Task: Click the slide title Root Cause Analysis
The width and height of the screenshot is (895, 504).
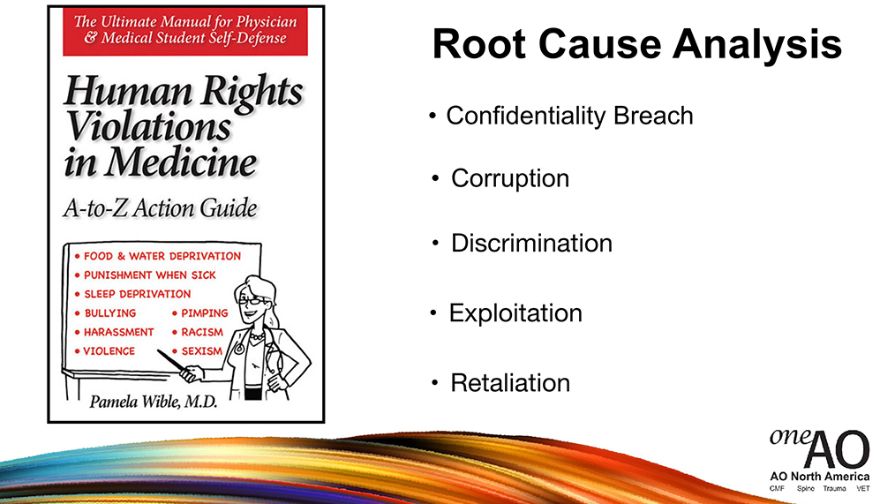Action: (x=637, y=44)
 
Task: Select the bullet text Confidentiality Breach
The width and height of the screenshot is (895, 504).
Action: (x=569, y=116)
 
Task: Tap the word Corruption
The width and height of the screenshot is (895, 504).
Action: (x=510, y=178)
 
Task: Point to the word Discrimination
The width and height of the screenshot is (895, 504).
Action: (x=531, y=243)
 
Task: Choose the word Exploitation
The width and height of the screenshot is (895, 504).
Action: (x=515, y=313)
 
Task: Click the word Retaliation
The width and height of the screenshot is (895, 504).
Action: (x=510, y=383)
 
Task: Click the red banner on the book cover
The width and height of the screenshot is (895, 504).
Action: (x=185, y=32)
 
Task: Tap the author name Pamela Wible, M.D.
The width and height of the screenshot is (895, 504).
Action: (x=154, y=402)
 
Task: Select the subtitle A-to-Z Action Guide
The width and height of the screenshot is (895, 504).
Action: (x=161, y=207)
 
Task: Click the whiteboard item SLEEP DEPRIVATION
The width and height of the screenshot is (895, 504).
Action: (x=138, y=294)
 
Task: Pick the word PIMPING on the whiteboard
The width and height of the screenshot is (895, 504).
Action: (x=205, y=312)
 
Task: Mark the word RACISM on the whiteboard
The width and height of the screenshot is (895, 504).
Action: (x=202, y=332)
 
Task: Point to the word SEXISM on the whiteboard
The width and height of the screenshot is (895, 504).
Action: (x=201, y=351)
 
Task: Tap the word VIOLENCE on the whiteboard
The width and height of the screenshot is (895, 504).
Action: (x=109, y=351)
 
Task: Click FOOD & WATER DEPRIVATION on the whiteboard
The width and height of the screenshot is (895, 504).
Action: (x=162, y=256)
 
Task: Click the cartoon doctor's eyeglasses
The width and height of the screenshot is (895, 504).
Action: (x=252, y=300)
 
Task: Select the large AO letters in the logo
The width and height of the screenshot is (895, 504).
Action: (x=837, y=450)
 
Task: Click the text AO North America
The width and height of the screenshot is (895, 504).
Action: (x=820, y=477)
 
